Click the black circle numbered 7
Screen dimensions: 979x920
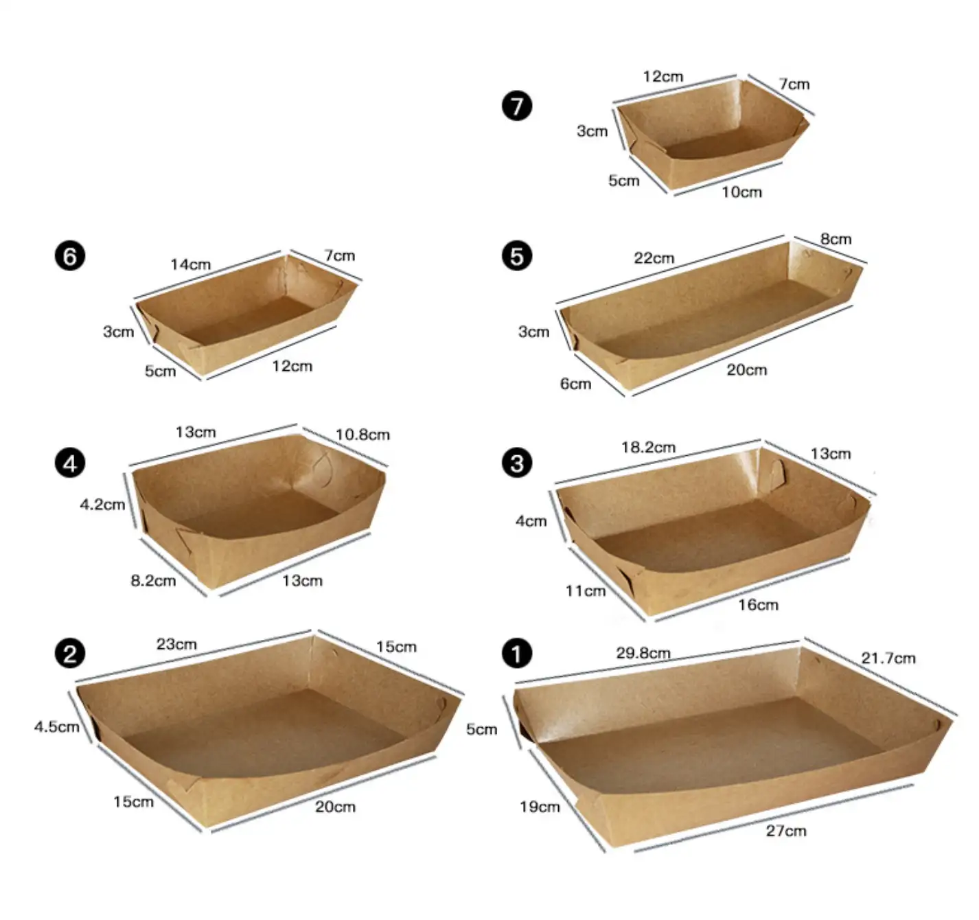click(516, 106)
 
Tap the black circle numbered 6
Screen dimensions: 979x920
click(70, 256)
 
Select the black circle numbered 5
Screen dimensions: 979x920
click(516, 256)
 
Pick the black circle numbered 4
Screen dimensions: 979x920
click(70, 463)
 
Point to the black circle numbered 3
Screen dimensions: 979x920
click(516, 463)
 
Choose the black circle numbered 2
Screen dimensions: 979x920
click(70, 654)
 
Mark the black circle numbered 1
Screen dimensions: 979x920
click(516, 654)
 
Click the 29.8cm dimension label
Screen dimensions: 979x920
click(643, 654)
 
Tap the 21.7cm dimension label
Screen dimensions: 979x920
click(888, 658)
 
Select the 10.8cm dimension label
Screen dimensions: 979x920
click(362, 435)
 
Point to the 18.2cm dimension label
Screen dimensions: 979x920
click(648, 448)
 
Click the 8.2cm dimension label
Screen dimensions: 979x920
click(153, 581)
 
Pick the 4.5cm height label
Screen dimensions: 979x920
click(57, 726)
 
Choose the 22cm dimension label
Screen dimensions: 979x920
click(654, 258)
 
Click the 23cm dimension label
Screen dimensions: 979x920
click(176, 644)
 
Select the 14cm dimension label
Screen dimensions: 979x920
click(191, 265)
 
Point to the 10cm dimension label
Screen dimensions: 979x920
click(742, 192)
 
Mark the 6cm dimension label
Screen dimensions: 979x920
click(576, 384)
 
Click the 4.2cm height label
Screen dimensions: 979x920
click(102, 505)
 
